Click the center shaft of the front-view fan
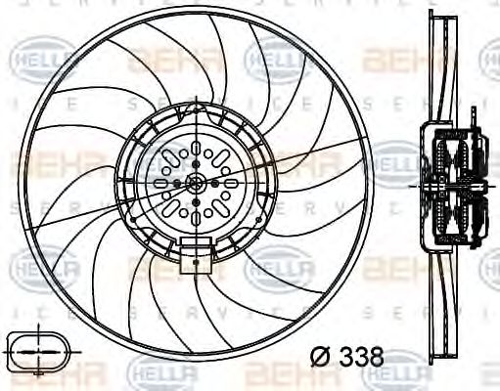[x=196, y=183]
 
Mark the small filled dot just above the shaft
[x=196, y=165]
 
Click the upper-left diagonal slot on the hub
[x=172, y=159]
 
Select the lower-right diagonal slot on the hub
[x=219, y=206]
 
